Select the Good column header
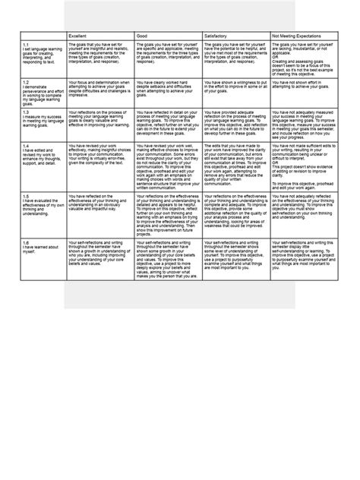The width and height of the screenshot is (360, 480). point(142,36)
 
